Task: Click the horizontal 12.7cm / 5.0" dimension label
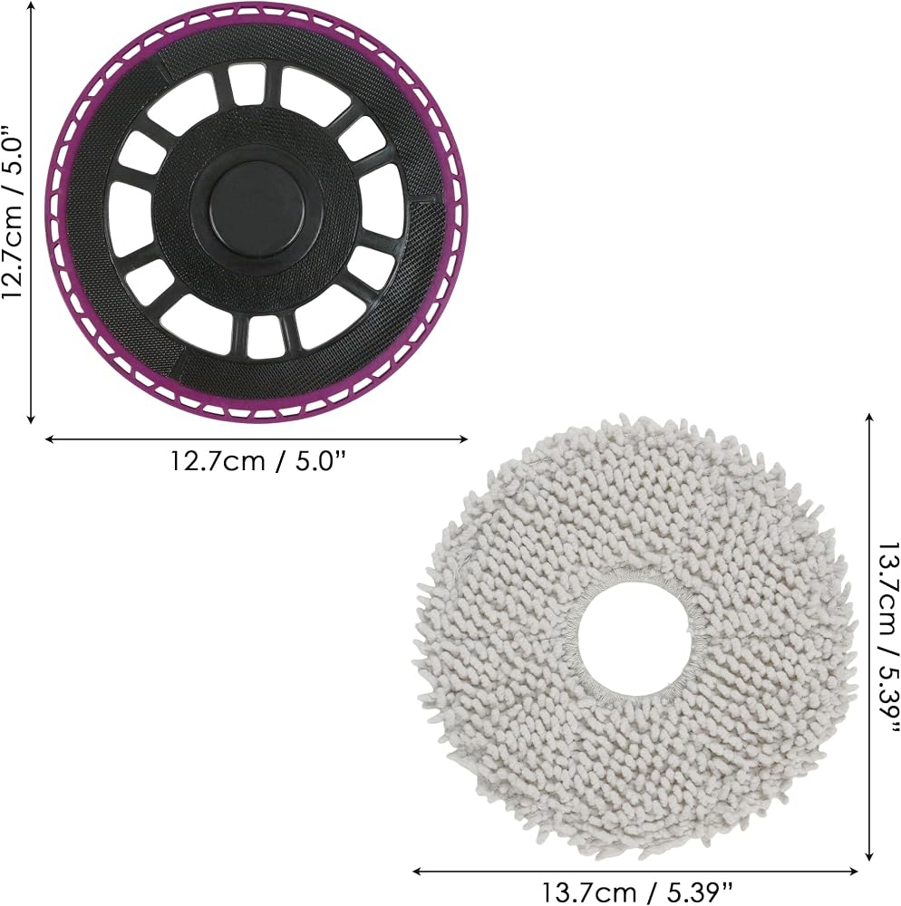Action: [257, 461]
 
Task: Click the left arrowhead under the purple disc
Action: [49, 439]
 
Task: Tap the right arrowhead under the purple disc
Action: [463, 439]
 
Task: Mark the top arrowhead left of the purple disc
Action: [31, 5]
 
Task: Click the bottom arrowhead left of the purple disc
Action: [31, 419]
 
